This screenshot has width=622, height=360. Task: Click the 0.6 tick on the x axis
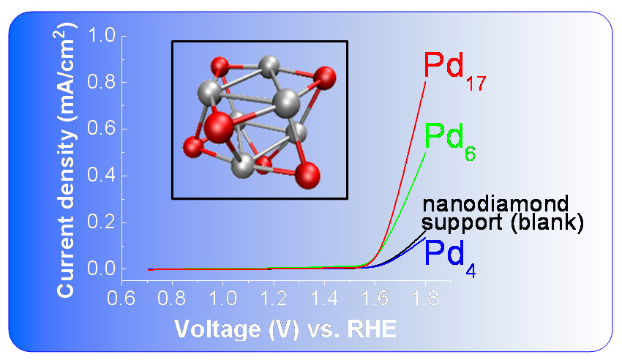[122, 299]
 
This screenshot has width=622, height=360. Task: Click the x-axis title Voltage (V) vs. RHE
[285, 329]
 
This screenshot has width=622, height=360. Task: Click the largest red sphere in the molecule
[219, 128]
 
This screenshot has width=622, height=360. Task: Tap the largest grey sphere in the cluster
[286, 101]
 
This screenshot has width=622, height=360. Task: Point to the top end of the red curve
[424, 83]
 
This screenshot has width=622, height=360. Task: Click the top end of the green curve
[424, 153]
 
